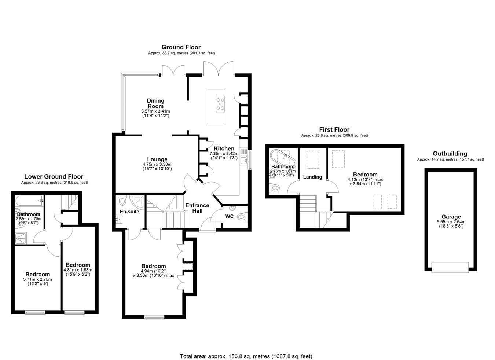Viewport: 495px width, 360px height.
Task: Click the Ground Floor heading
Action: (181, 47)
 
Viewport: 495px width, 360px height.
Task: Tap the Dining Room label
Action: (155, 103)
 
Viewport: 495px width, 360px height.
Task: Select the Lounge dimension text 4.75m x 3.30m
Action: (157, 165)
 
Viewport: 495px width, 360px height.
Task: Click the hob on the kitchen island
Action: (220, 103)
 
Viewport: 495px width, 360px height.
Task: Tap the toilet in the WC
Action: (242, 216)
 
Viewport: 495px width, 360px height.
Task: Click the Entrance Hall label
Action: (197, 208)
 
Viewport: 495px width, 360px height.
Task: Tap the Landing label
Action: (312, 177)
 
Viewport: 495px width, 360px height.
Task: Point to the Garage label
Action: (451, 217)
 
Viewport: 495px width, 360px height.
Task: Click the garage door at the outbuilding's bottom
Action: (450, 267)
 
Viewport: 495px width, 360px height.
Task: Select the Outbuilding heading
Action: (450, 154)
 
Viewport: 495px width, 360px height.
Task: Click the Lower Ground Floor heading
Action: (54, 177)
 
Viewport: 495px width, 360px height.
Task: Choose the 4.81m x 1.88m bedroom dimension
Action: (78, 270)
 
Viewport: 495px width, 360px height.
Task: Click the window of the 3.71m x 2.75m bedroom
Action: (35, 312)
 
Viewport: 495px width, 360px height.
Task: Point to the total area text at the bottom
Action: (246, 350)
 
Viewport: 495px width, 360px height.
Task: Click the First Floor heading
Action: (334, 129)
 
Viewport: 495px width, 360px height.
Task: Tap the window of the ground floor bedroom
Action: (154, 317)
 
